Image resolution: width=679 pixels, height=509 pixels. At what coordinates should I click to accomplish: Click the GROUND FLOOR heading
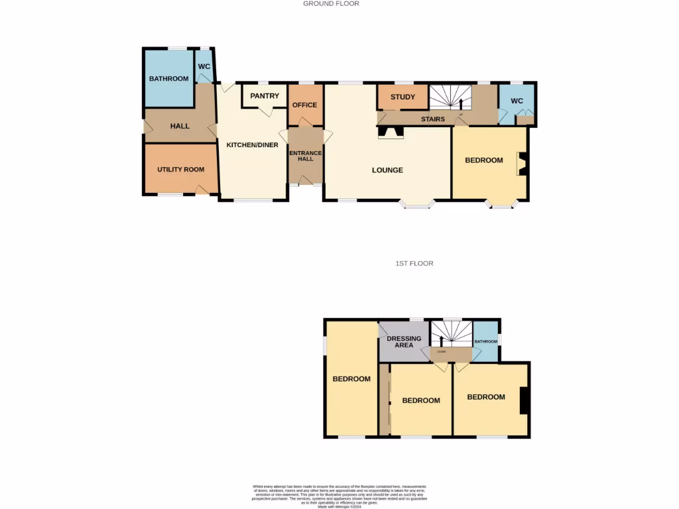(x=331, y=3)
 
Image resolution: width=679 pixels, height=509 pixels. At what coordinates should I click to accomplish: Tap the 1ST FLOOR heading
(x=414, y=263)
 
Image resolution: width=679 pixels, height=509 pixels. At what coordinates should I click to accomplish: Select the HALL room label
(x=180, y=126)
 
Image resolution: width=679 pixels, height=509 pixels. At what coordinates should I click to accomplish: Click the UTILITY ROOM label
(x=180, y=170)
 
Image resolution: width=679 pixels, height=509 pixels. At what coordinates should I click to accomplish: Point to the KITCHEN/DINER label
(x=252, y=144)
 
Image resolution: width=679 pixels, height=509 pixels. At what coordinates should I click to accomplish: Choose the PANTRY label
(x=265, y=96)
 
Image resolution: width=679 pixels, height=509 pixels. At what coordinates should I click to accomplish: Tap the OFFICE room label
(x=305, y=105)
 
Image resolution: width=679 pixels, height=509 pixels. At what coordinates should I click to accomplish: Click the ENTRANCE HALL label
(x=305, y=156)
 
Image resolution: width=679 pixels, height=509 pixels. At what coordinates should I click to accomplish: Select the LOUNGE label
(x=387, y=170)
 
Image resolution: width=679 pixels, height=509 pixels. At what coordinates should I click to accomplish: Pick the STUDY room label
(x=402, y=97)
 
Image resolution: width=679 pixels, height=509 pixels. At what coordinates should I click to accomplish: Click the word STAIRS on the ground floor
(x=433, y=119)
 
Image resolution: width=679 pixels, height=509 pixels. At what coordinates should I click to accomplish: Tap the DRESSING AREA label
(x=404, y=341)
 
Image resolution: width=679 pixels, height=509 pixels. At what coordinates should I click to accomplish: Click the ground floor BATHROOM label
(x=168, y=79)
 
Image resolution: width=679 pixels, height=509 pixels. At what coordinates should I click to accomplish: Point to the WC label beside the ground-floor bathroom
(x=204, y=67)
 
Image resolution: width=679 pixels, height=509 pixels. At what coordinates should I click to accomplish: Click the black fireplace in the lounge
(x=390, y=134)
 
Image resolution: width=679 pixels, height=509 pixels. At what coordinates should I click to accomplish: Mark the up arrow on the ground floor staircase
(x=461, y=103)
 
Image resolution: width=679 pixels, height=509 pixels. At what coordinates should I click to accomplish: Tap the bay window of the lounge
(x=418, y=205)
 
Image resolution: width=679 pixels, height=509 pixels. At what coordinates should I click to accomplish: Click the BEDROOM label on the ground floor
(x=483, y=160)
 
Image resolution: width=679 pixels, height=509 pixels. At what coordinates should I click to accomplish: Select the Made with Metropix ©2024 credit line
(x=339, y=506)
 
